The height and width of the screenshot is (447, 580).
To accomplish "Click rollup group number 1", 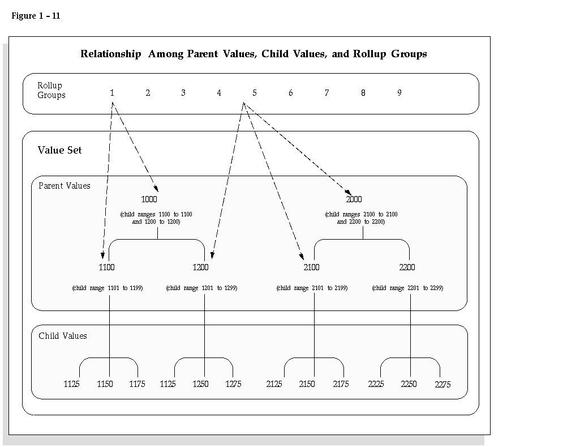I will (112, 93).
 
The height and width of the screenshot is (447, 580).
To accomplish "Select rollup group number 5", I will (255, 93).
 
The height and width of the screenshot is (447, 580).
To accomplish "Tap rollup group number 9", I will (399, 93).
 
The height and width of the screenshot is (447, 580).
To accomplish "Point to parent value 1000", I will (149, 199).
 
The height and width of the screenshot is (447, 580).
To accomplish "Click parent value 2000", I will (354, 199).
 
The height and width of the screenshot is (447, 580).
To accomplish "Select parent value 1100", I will (106, 267).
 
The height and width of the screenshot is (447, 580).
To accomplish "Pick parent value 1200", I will (201, 267).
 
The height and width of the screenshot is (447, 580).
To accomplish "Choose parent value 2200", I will (407, 267).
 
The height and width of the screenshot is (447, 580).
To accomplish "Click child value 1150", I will (105, 384).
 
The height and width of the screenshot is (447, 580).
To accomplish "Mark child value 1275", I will (233, 384).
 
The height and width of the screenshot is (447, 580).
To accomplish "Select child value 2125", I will (274, 384).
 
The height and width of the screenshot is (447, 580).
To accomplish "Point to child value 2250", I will (409, 384).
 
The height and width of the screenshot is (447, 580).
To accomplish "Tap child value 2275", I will (442, 385).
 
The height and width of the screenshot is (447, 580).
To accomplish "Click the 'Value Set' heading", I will (59, 150).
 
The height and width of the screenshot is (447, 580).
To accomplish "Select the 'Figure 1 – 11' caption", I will (36, 16).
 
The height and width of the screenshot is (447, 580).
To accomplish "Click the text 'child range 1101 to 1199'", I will (108, 288).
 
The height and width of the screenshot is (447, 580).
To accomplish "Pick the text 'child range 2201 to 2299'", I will (407, 288).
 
